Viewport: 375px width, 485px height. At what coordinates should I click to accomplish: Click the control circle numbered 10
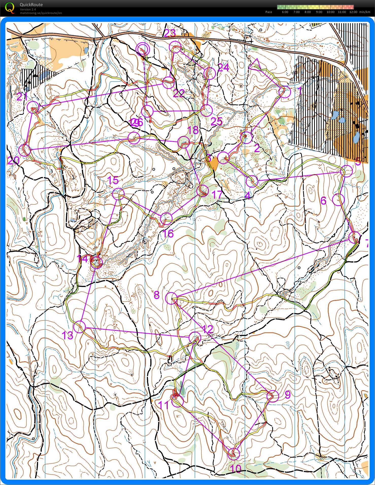tap(234, 453)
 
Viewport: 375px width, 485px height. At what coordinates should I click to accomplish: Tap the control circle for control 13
tap(80, 327)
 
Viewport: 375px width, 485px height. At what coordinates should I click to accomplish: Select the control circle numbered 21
tap(33, 107)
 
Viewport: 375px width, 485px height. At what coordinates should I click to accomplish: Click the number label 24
tap(224, 67)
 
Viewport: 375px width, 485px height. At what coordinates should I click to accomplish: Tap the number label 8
tap(157, 295)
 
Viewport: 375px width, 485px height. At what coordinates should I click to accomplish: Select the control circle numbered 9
tap(273, 396)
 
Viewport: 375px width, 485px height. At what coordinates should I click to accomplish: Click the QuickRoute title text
tap(31, 5)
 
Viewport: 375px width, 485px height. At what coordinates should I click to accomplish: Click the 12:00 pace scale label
tap(353, 12)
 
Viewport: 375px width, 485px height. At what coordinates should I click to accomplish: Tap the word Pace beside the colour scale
tap(268, 12)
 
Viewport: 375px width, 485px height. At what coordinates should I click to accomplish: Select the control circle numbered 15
tap(118, 194)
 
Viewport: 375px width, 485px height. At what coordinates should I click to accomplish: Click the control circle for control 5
tap(347, 171)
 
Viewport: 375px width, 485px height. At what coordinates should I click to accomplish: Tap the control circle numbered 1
tap(285, 92)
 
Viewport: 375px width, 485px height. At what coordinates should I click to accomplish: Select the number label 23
tap(170, 33)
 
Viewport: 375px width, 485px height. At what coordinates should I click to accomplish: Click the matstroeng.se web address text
tap(41, 13)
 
